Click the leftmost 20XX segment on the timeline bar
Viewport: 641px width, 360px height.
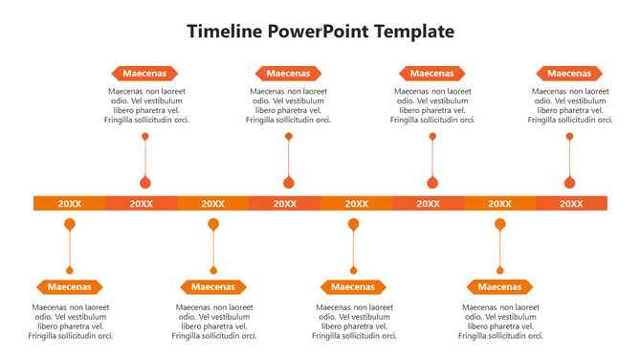(x=69, y=203)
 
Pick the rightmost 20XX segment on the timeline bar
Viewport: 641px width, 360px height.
(x=571, y=203)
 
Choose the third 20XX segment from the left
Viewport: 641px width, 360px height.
(x=212, y=203)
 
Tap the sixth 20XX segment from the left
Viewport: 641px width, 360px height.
(x=428, y=203)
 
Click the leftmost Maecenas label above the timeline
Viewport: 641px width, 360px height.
(x=144, y=73)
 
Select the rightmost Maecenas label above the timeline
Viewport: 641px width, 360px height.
(x=569, y=73)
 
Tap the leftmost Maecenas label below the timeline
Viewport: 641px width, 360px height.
(x=69, y=286)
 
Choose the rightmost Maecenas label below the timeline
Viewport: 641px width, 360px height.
(x=498, y=286)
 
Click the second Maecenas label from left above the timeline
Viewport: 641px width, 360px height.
(x=288, y=73)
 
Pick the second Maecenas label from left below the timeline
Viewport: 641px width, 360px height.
(x=213, y=286)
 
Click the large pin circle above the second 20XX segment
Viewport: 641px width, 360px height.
(x=145, y=182)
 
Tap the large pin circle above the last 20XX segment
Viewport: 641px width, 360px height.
(x=570, y=182)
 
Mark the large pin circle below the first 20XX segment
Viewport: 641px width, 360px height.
(x=70, y=224)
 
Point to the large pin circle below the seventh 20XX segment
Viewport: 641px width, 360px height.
(x=499, y=224)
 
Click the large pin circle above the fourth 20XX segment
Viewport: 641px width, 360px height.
(x=288, y=182)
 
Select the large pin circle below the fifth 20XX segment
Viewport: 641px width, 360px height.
(x=354, y=224)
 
